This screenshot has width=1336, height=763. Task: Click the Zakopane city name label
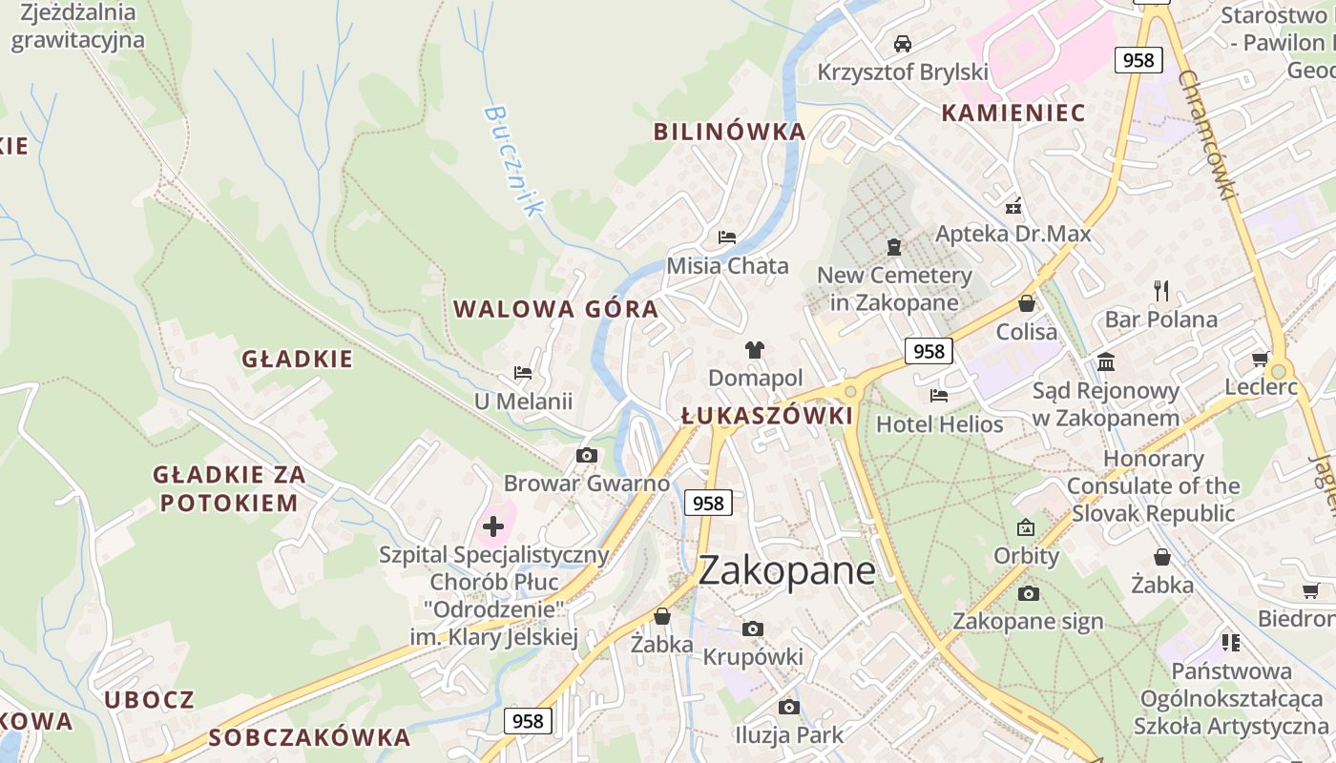pyautogui.click(x=787, y=570)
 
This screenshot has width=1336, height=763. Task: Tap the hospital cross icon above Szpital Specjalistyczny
pyautogui.click(x=493, y=526)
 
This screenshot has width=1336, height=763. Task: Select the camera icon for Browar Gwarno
pyautogui.click(x=587, y=456)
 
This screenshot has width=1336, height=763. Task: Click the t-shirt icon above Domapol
pyautogui.click(x=755, y=350)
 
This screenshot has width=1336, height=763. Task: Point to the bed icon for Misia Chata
pyautogui.click(x=727, y=237)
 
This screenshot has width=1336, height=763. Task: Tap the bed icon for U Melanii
pyautogui.click(x=523, y=373)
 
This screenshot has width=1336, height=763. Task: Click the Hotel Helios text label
pyautogui.click(x=940, y=424)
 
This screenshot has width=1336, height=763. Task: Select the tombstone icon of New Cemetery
pyautogui.click(x=894, y=247)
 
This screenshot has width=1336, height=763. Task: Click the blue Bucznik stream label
pyautogui.click(x=512, y=160)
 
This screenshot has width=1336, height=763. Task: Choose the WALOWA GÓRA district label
pyautogui.click(x=555, y=309)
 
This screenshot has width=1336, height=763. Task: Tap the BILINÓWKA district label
pyautogui.click(x=729, y=132)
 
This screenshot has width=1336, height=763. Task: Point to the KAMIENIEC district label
pyautogui.click(x=1013, y=113)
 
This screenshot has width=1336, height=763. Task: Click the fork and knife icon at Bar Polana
pyautogui.click(x=1161, y=291)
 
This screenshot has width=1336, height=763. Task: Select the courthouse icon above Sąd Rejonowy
pyautogui.click(x=1107, y=361)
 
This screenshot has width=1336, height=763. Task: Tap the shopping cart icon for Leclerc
pyautogui.click(x=1260, y=360)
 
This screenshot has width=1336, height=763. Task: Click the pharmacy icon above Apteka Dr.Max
pyautogui.click(x=1013, y=205)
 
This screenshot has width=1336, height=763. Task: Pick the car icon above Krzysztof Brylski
pyautogui.click(x=903, y=43)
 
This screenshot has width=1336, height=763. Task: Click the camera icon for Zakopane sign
pyautogui.click(x=1028, y=593)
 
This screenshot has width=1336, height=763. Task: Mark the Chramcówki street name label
pyautogui.click(x=1207, y=134)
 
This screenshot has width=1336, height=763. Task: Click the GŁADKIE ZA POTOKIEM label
pyautogui.click(x=229, y=488)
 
